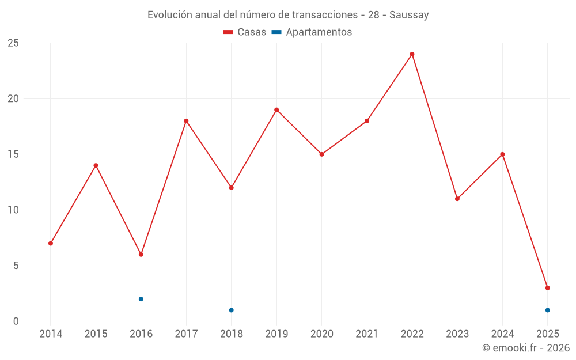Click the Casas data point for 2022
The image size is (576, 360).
(x=412, y=54)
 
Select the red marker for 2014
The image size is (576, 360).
(x=51, y=243)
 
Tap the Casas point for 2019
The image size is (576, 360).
(x=276, y=110)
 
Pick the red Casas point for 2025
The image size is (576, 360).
(x=547, y=288)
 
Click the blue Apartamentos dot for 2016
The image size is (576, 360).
(x=141, y=299)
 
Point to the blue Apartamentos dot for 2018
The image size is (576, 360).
(x=232, y=310)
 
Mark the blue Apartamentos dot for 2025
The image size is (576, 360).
(x=547, y=310)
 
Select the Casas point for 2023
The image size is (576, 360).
(x=457, y=199)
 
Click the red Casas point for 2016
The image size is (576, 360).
(x=141, y=255)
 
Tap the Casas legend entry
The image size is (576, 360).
(x=245, y=32)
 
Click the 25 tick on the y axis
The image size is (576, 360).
(x=13, y=43)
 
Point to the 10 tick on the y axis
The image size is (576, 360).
(x=13, y=210)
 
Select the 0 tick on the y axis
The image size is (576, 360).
(x=16, y=321)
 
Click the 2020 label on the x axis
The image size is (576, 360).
(x=321, y=334)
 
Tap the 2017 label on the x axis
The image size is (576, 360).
(x=186, y=334)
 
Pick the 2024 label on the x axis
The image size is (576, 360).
(x=502, y=334)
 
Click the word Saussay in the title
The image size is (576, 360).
(x=409, y=15)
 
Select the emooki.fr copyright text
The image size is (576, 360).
(x=526, y=348)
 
